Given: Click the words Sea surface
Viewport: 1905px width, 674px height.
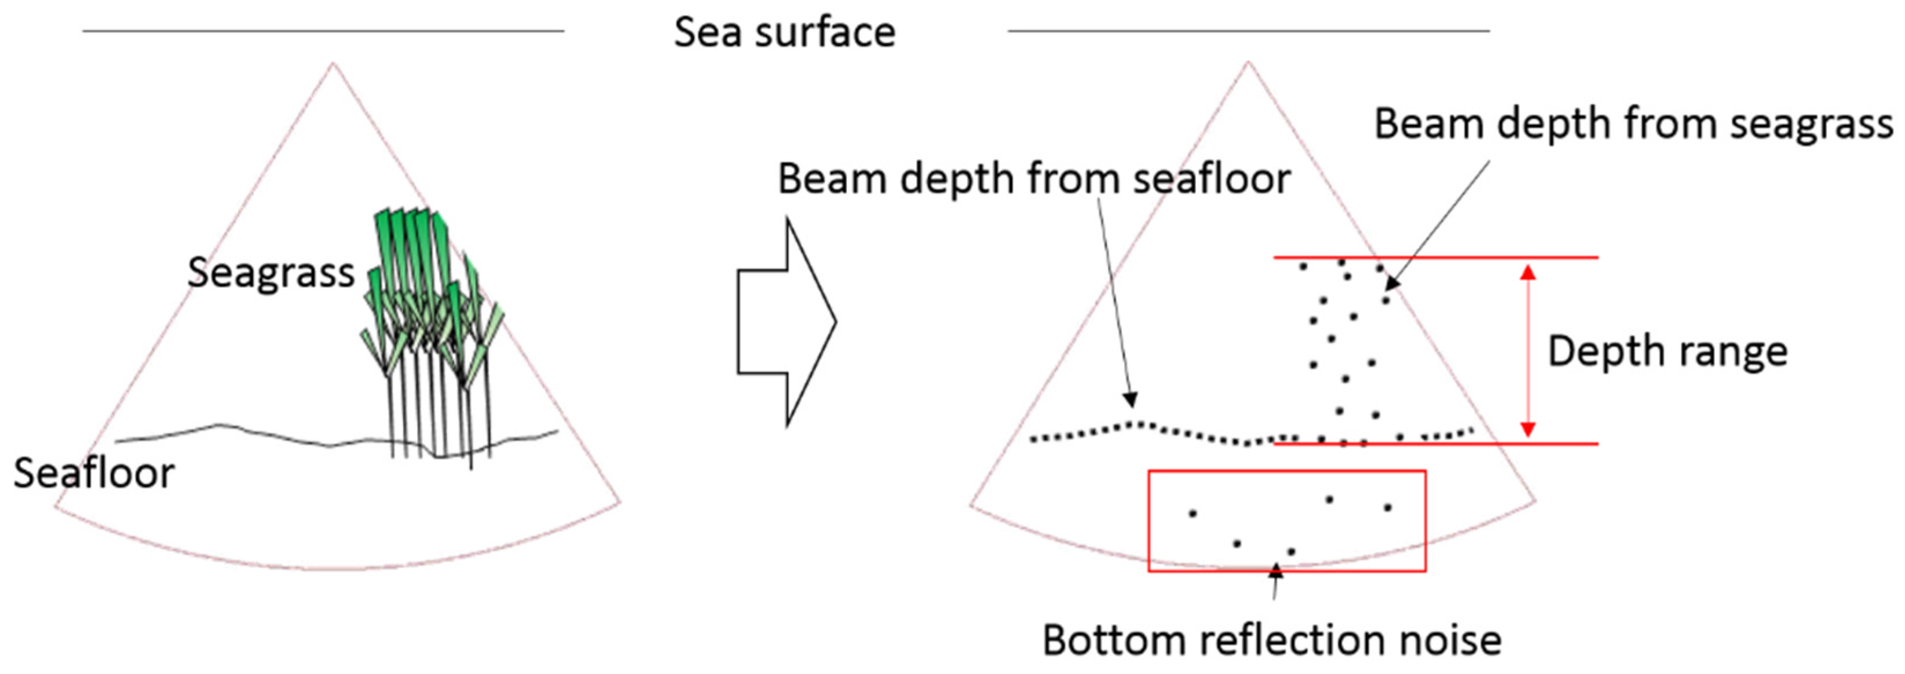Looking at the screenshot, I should [x=784, y=32].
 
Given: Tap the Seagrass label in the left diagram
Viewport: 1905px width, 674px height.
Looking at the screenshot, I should [x=271, y=273].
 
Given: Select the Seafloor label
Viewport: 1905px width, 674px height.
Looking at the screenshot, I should [x=94, y=473].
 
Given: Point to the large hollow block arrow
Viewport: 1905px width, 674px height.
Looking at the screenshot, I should [x=786, y=321].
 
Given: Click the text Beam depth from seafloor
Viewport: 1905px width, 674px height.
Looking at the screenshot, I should [x=1034, y=179].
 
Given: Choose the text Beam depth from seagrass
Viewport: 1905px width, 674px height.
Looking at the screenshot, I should [x=1633, y=123].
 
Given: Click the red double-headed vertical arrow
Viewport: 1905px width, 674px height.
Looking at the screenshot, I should [x=1528, y=350].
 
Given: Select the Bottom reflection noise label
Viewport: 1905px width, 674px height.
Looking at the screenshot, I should [x=1272, y=640].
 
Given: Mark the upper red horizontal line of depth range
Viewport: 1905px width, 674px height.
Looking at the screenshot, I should [x=1435, y=257].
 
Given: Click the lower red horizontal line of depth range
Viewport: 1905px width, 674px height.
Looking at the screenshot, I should [x=1435, y=443].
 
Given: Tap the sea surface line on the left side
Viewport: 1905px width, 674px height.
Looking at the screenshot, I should [x=323, y=31].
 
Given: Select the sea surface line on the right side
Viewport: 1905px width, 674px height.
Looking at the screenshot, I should [x=1248, y=31].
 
